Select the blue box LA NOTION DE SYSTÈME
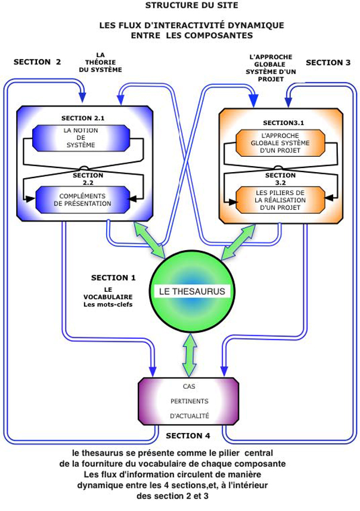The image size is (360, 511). click(x=80, y=138)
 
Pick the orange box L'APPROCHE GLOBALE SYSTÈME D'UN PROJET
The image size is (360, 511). click(x=280, y=142)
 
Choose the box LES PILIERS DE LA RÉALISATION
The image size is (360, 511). click(x=280, y=200)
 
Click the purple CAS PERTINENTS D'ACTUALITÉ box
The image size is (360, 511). click(x=188, y=400)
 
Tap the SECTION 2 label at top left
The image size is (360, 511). click(x=37, y=61)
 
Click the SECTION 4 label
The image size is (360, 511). click(x=188, y=435)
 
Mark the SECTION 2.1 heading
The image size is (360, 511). click(x=83, y=118)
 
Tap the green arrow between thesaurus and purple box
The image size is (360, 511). click(x=190, y=354)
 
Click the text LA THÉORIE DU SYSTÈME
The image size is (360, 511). click(x=100, y=61)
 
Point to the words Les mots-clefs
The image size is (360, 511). click(x=107, y=305)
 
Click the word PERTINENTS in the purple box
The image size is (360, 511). click(x=189, y=401)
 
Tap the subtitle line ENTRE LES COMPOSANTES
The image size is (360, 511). click(x=191, y=36)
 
